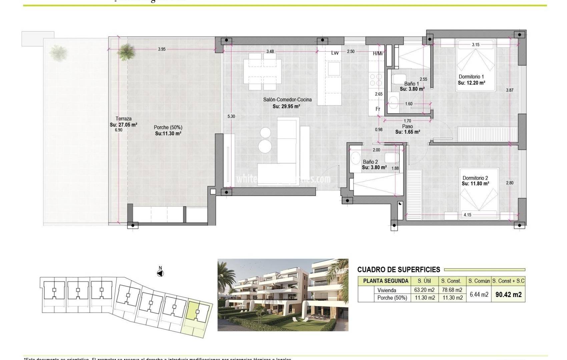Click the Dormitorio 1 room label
[x=471, y=77]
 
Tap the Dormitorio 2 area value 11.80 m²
[x=475, y=184]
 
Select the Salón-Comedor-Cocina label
[x=287, y=100]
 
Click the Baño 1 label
[x=411, y=84]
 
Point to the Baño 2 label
[x=370, y=162]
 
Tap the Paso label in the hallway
[x=407, y=127]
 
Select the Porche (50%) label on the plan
[x=168, y=127]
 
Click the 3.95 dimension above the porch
[x=162, y=49]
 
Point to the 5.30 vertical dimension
[x=231, y=116]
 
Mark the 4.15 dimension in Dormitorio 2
[x=467, y=215]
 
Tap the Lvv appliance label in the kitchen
[x=335, y=53]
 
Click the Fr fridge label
[x=378, y=109]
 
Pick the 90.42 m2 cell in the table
[x=508, y=295]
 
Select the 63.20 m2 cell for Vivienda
[x=424, y=290]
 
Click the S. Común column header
[x=479, y=281]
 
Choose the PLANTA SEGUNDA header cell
[x=386, y=281]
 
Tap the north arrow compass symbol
[x=160, y=273]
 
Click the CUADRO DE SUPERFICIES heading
[x=399, y=270]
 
